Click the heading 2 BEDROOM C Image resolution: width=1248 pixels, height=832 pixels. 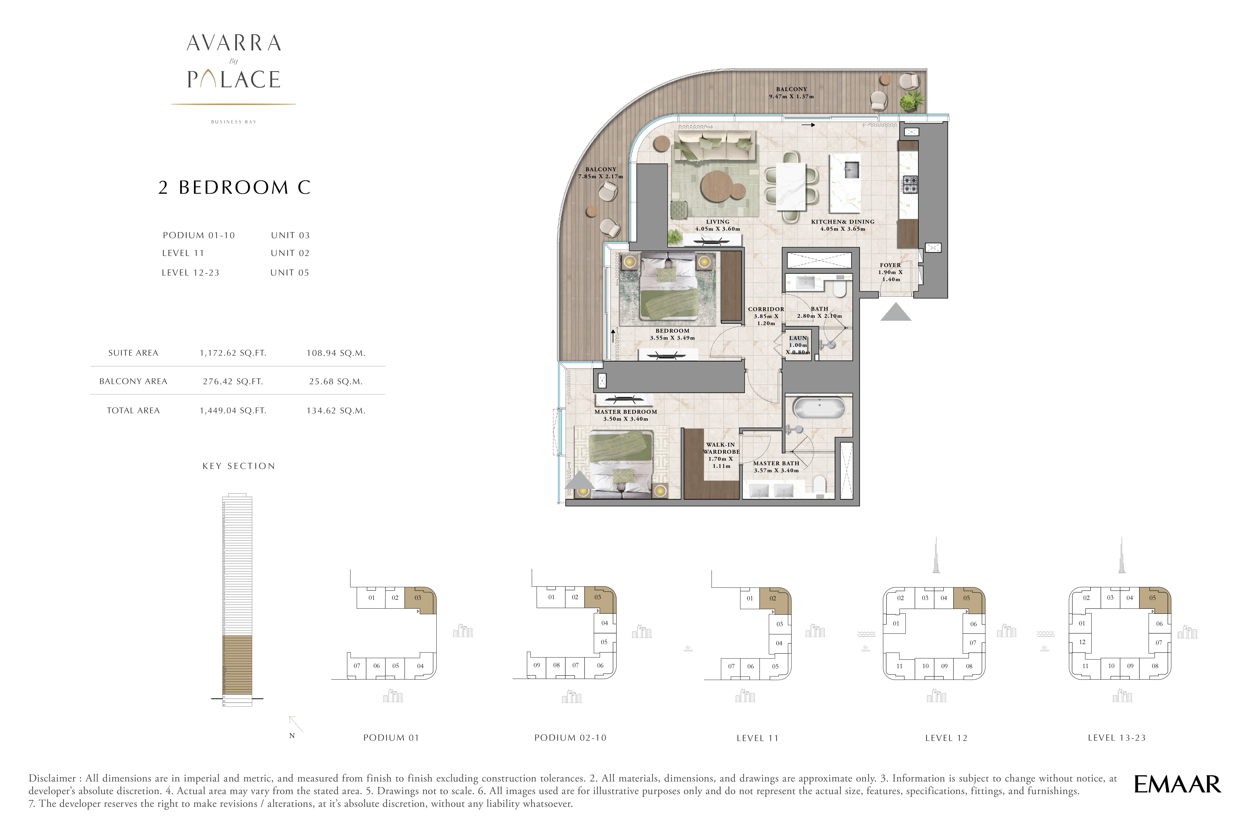pyautogui.click(x=234, y=187)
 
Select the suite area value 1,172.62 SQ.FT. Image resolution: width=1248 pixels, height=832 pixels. pyautogui.click(x=233, y=353)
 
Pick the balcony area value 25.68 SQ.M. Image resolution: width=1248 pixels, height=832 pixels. pyautogui.click(x=336, y=382)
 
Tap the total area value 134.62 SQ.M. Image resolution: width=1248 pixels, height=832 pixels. pyautogui.click(x=336, y=411)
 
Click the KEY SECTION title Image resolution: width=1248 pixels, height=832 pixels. pyautogui.click(x=238, y=466)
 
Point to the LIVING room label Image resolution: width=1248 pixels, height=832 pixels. pyautogui.click(x=717, y=222)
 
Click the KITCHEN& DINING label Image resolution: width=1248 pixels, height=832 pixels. pyautogui.click(x=842, y=222)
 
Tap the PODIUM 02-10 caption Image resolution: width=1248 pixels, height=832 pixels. pyautogui.click(x=570, y=737)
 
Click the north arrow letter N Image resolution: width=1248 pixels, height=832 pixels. pyautogui.click(x=292, y=735)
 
